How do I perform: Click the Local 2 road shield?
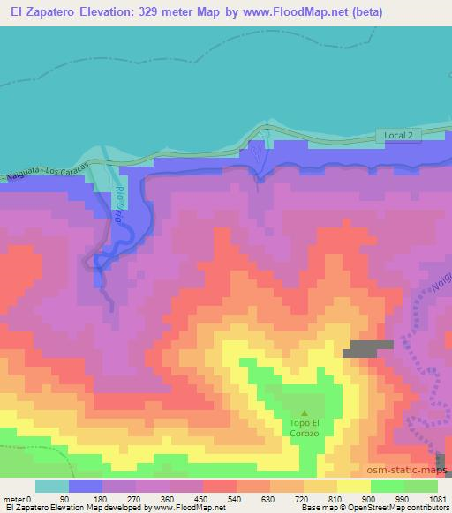click(399, 134)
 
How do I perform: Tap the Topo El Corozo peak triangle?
click(305, 413)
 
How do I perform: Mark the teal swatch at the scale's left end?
click(51, 487)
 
